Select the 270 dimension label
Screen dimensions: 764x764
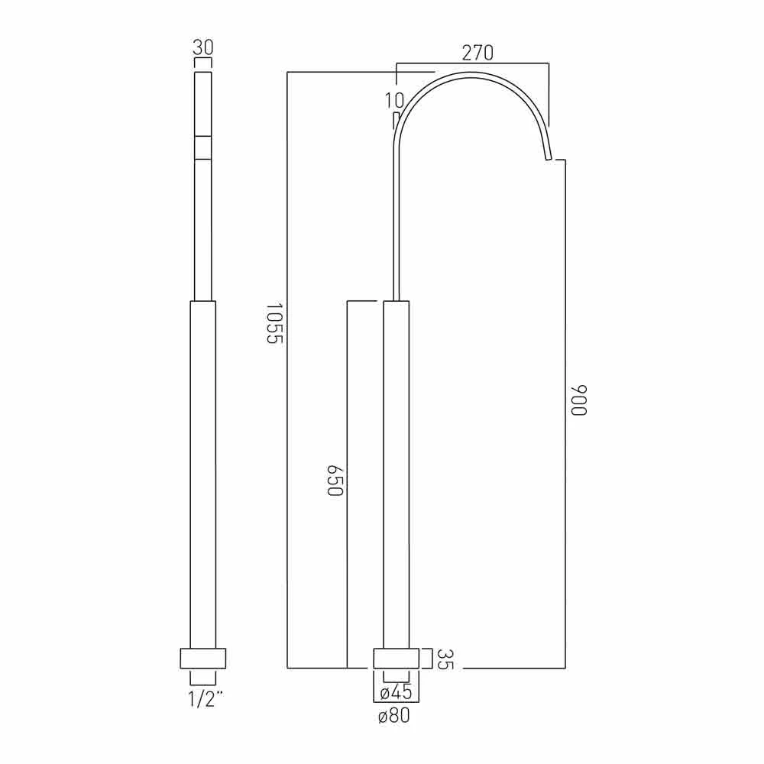[x=478, y=53]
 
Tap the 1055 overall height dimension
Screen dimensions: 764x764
[x=275, y=323]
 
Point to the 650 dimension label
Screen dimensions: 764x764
[x=334, y=480]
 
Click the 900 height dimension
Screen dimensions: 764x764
[x=578, y=400]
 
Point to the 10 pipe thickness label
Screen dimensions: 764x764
[x=394, y=101]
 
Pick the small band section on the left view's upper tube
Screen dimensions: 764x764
[x=202, y=147]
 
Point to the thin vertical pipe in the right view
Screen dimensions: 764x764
[x=394, y=229]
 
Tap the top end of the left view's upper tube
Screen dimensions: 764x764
[x=202, y=75]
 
